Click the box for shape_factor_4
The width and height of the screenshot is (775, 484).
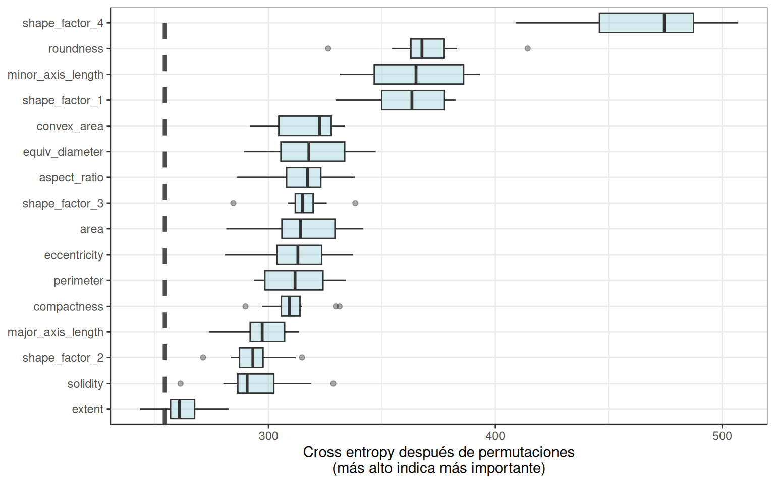[x=646, y=23]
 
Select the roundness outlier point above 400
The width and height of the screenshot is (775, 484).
[x=527, y=48]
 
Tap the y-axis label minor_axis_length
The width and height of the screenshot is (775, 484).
[x=56, y=75]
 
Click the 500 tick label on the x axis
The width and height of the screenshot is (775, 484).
[x=722, y=436]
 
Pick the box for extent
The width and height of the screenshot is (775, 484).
[x=182, y=409]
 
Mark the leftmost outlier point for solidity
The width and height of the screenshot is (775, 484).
[x=181, y=383]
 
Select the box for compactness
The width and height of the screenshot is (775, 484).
[x=291, y=306]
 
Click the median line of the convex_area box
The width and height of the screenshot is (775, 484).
[x=319, y=126]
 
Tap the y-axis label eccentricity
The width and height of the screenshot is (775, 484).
[x=74, y=255]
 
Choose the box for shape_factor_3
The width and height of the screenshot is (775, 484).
[x=304, y=203]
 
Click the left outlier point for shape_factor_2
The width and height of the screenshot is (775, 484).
[x=203, y=357]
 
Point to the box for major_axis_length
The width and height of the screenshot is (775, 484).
[x=267, y=332]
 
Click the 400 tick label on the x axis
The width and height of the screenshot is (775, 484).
[x=495, y=436]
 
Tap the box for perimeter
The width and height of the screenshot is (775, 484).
[x=294, y=280]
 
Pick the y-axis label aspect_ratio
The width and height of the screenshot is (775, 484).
[x=71, y=178]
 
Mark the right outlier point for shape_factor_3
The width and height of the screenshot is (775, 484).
[x=355, y=203]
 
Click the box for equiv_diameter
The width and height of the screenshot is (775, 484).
[x=312, y=152]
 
